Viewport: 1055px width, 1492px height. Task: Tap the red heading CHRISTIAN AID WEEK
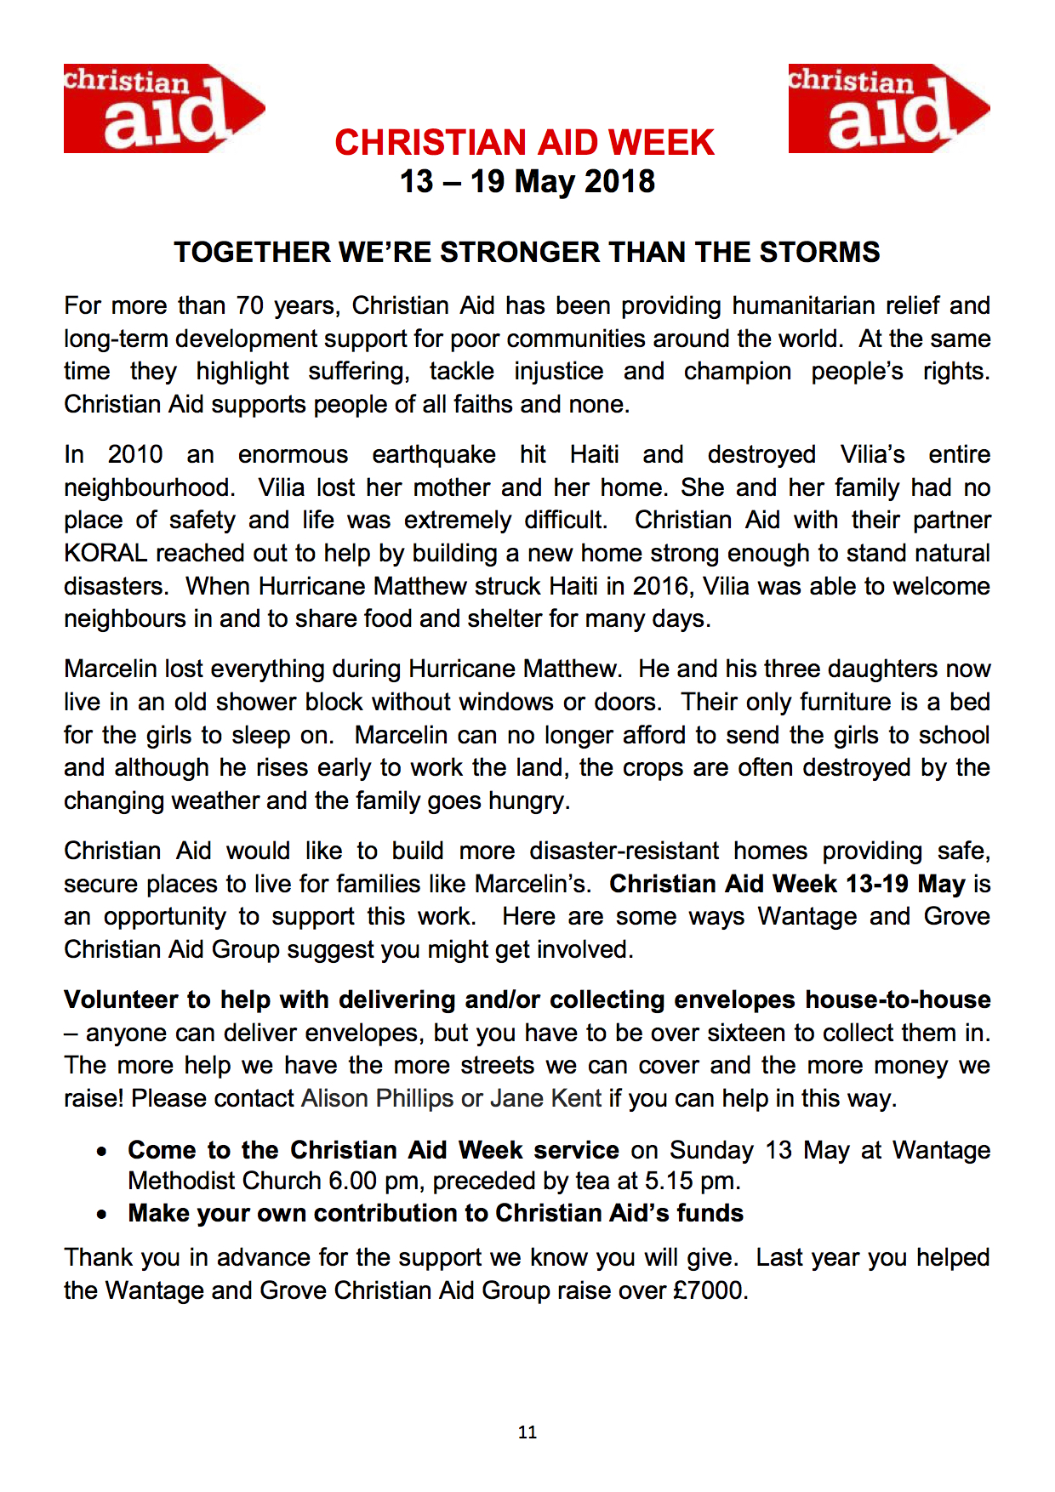pos(524,143)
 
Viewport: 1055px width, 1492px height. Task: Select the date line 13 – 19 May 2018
pos(527,182)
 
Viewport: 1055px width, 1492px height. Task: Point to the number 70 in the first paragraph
pos(250,306)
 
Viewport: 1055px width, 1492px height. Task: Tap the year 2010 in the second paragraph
pos(134,455)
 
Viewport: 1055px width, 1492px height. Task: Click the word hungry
pos(527,801)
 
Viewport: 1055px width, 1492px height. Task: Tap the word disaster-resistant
pos(624,851)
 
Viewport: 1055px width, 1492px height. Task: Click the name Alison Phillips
pos(377,1099)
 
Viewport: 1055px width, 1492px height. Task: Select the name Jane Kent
pos(545,1099)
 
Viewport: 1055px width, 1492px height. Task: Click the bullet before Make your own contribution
pos(102,1215)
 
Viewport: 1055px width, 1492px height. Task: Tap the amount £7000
pos(709,1291)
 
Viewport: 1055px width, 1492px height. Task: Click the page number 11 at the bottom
pos(527,1432)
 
